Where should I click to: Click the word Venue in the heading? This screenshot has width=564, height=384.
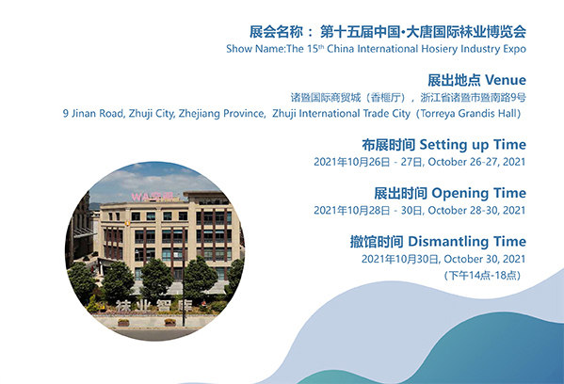point(506,80)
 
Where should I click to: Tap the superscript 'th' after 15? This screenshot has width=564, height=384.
point(321,46)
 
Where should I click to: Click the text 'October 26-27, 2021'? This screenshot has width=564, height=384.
point(476,162)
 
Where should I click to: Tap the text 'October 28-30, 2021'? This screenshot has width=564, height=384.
point(476,210)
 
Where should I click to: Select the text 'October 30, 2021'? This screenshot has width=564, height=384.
point(485,259)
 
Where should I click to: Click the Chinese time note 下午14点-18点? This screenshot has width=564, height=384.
point(482,276)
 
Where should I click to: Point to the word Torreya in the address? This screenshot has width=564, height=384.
point(437,114)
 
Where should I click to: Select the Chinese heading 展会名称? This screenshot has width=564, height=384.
point(276,32)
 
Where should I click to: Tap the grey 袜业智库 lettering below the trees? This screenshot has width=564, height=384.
point(153,306)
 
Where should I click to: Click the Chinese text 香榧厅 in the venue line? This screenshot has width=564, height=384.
point(386,98)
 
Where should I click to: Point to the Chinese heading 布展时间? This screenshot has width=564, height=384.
point(389,145)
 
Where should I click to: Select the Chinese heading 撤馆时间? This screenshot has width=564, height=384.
point(377,242)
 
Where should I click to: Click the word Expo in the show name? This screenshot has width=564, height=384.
point(514,49)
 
